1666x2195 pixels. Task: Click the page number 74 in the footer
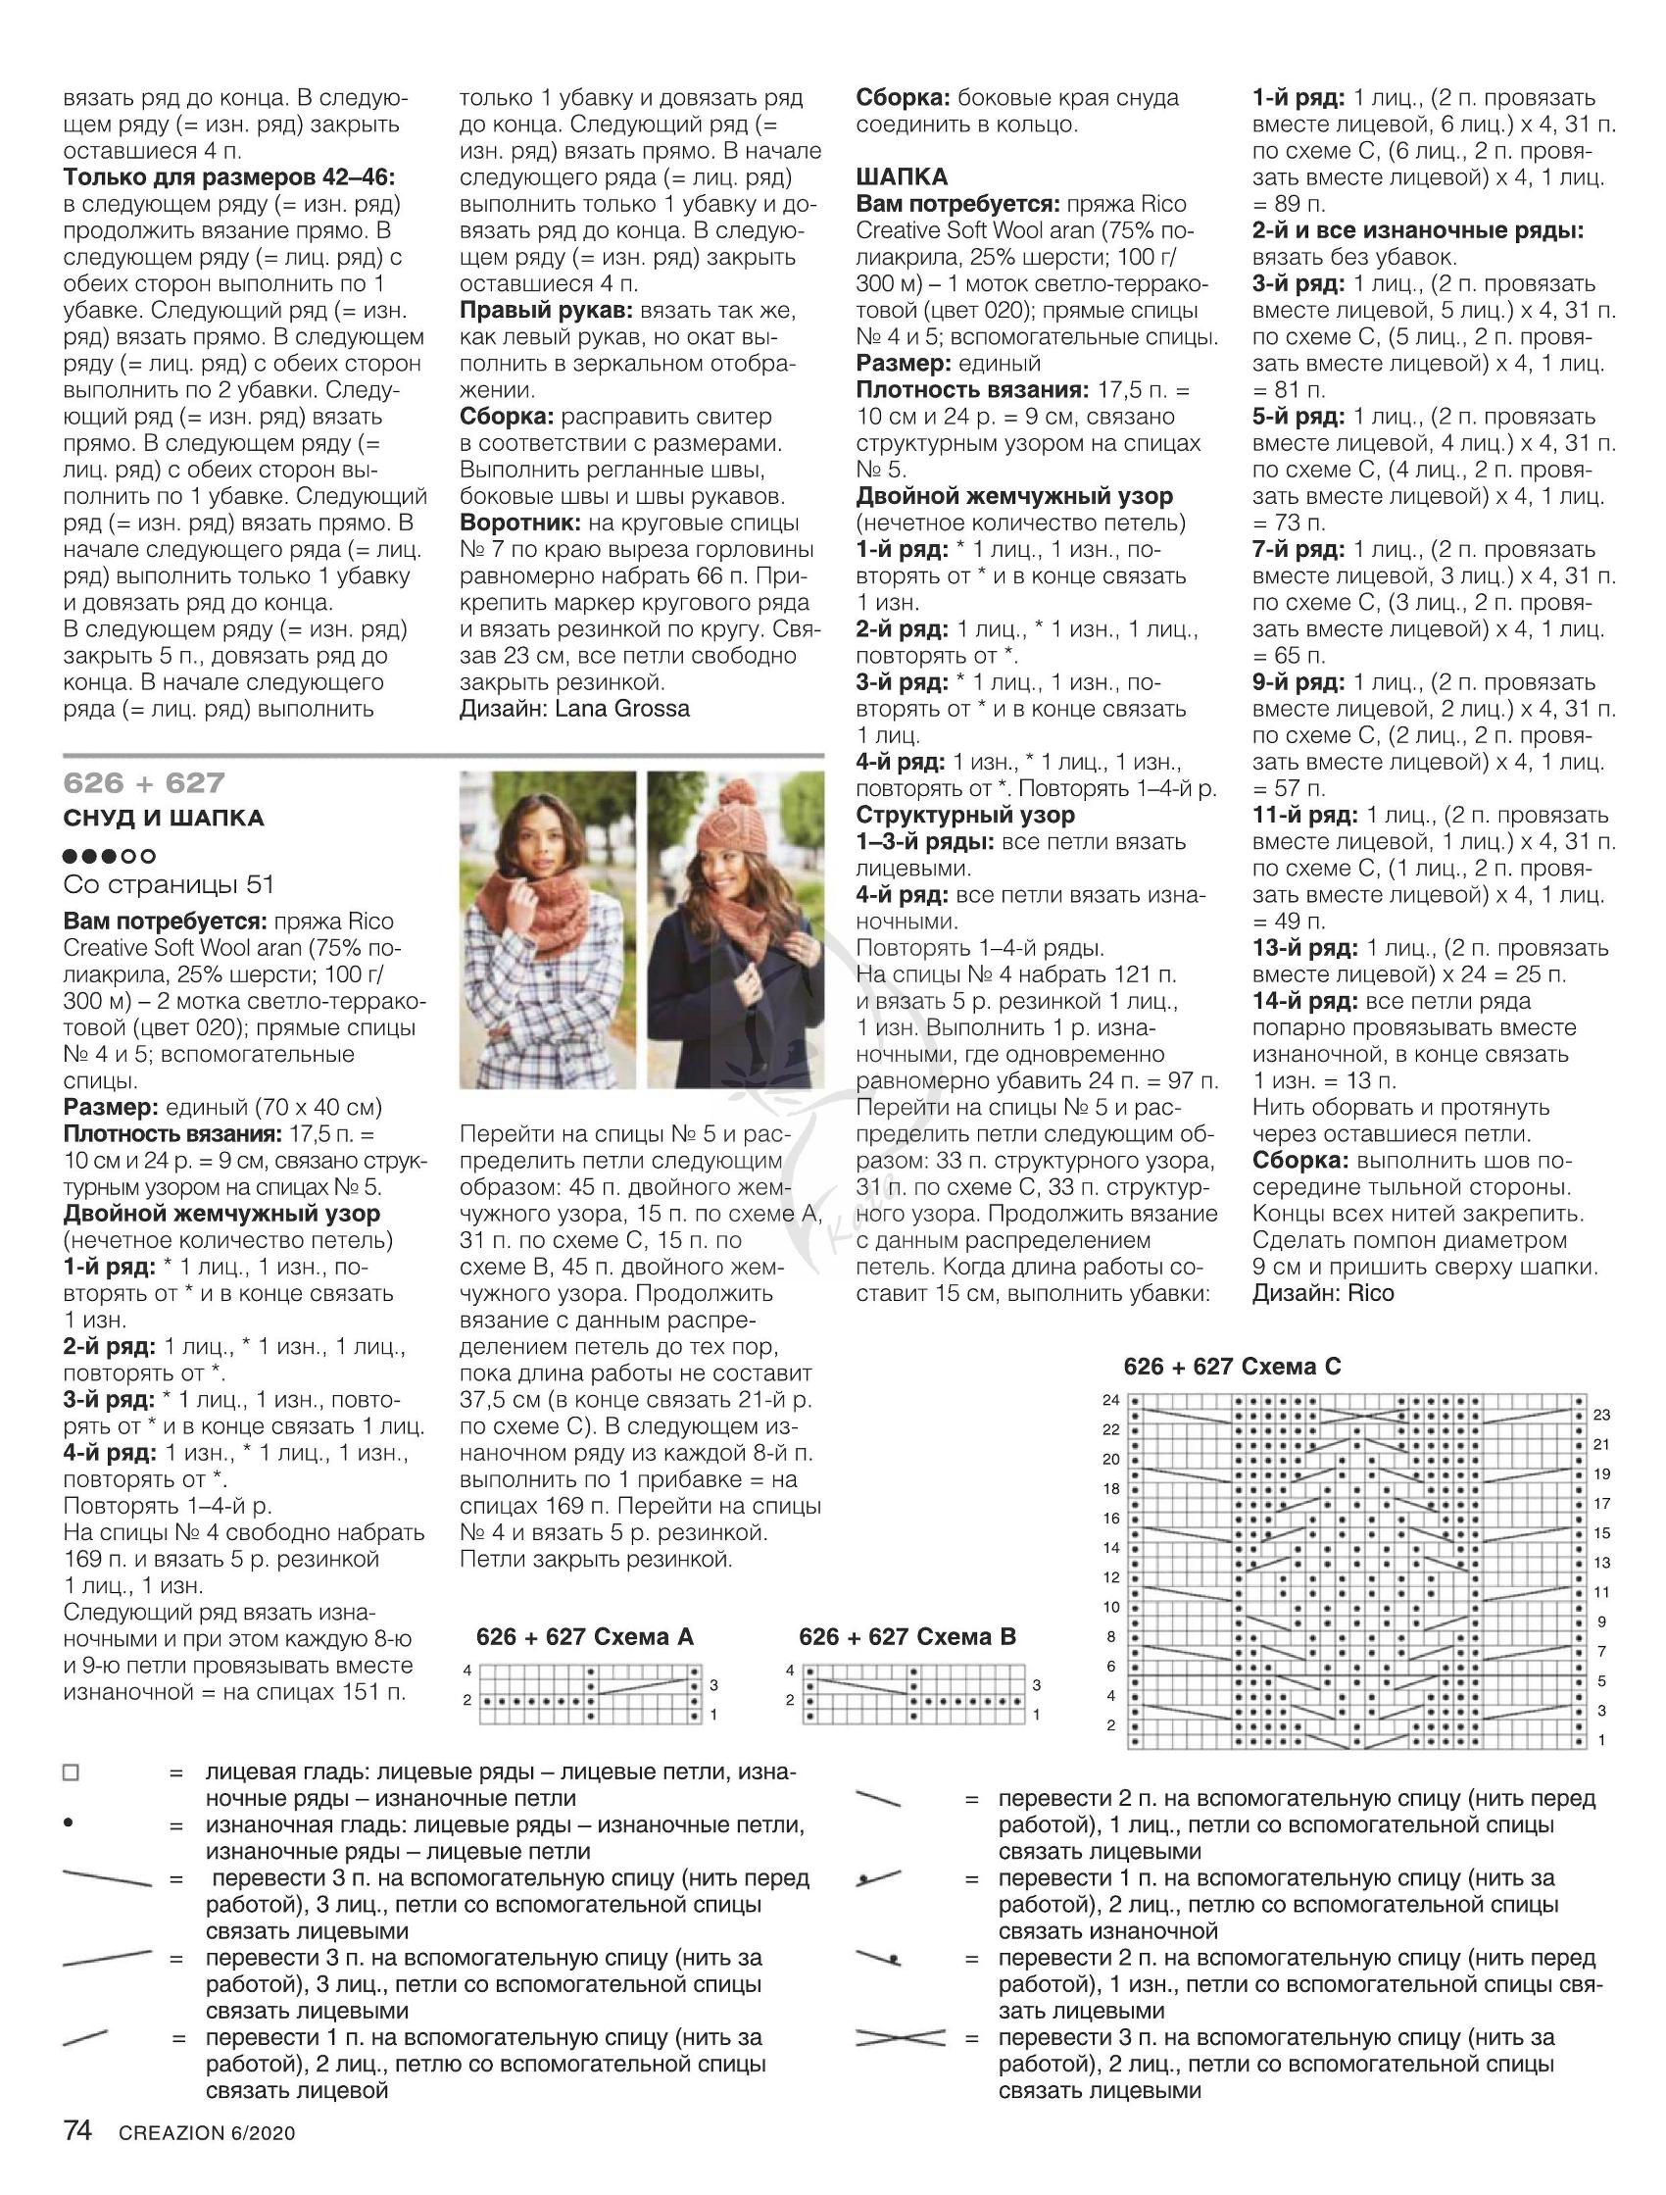[77, 2130]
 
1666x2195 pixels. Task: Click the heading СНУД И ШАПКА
[164, 818]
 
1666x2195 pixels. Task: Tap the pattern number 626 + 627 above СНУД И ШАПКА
[144, 783]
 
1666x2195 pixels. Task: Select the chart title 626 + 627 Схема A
[584, 1636]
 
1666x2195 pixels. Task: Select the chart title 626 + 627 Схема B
[906, 1636]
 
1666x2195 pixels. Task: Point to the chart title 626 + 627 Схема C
[1232, 1367]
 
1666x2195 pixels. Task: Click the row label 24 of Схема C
[1110, 1400]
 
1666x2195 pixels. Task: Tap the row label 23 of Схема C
[1601, 1415]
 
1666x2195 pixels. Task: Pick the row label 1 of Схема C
[1601, 1739]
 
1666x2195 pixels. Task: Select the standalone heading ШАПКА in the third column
[901, 176]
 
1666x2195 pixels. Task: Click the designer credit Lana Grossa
[622, 709]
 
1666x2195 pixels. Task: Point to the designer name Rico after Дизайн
[1371, 1293]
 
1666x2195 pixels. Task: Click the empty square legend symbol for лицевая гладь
[71, 1772]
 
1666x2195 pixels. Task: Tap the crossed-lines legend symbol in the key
[900, 2038]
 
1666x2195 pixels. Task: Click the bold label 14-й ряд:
[1304, 1001]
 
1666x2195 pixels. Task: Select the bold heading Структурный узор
[965, 815]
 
